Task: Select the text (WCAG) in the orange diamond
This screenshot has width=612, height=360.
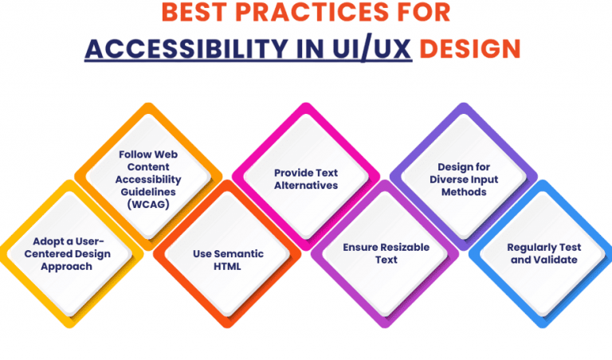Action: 148,204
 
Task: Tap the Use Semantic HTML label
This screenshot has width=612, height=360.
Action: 227,260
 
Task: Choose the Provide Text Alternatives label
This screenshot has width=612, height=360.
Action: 306,178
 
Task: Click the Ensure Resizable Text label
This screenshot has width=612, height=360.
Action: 386,253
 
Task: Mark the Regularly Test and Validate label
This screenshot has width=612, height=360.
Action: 543,253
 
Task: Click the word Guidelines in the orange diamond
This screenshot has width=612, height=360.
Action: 148,191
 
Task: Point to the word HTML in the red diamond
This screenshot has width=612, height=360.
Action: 227,266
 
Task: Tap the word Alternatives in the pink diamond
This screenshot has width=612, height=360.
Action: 306,185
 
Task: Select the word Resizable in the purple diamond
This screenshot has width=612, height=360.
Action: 405,247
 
